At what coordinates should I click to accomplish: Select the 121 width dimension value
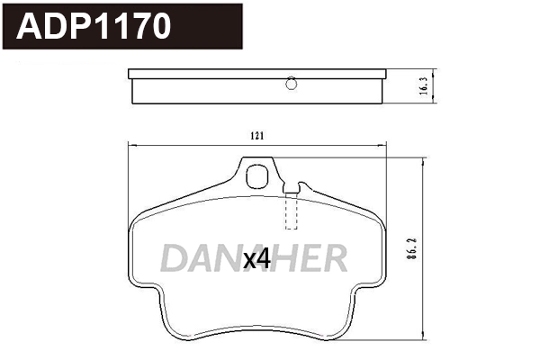point(256,136)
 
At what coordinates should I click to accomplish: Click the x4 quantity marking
point(257,259)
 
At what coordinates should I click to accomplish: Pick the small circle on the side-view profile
point(290,85)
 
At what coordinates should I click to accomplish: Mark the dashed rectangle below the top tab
point(290,211)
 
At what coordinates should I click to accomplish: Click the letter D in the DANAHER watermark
point(174,258)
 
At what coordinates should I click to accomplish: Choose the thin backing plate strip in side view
point(257,73)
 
